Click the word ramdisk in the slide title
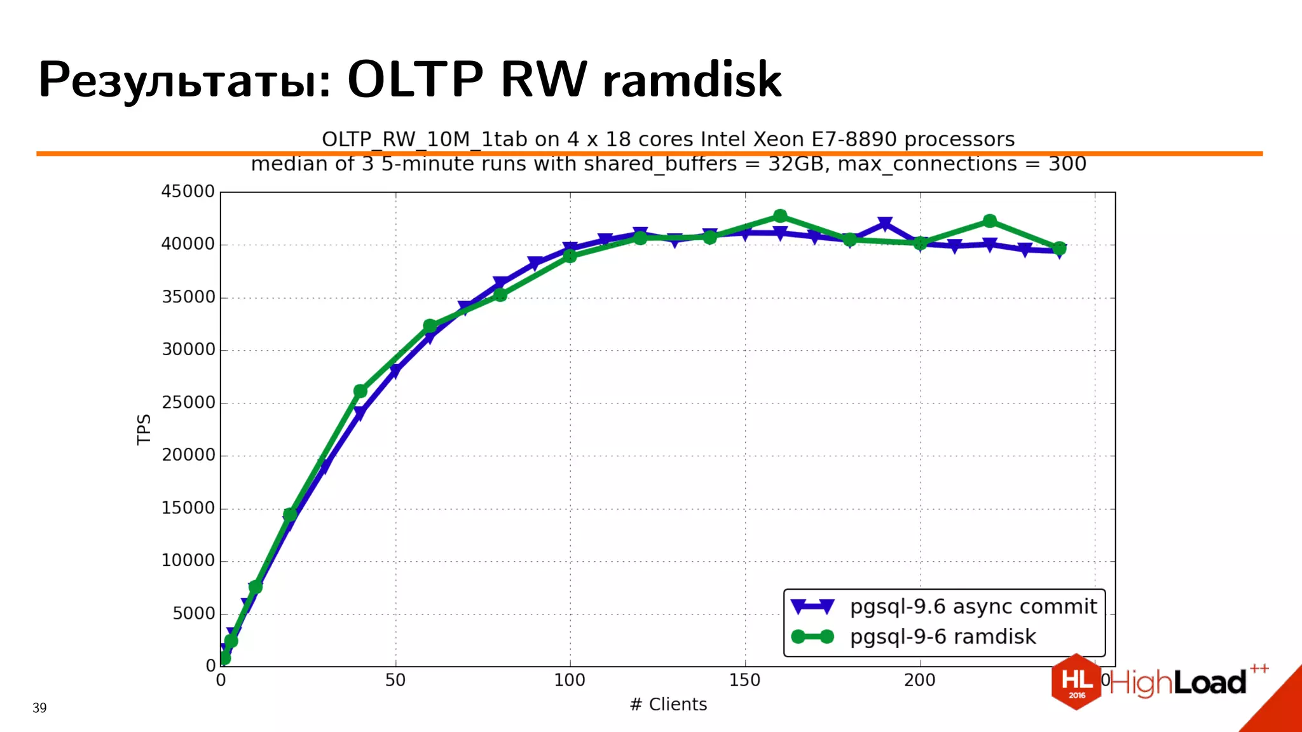[x=692, y=80]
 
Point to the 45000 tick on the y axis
[x=188, y=191]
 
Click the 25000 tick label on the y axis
[x=188, y=402]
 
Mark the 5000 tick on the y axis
[x=194, y=613]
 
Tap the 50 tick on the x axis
[x=395, y=681]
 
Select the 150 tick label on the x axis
[x=744, y=681]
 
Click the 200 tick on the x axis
[x=919, y=681]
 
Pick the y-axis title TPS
[x=144, y=430]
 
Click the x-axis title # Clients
[x=668, y=705]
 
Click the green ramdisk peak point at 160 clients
[x=780, y=216]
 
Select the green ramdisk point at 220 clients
[x=989, y=221]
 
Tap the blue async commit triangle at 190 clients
[x=885, y=224]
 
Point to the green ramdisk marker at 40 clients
[x=360, y=391]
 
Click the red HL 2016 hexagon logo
[x=1076, y=682]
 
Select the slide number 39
[x=39, y=708]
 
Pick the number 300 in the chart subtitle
[x=1067, y=164]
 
